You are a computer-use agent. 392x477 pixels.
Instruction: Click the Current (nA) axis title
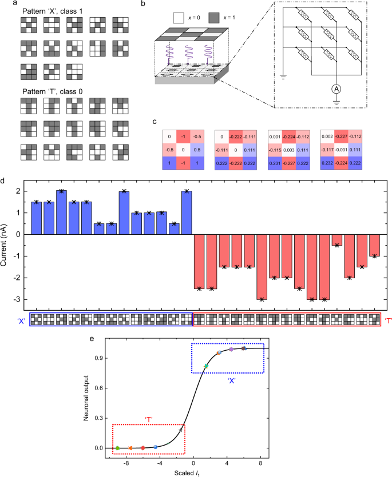5,245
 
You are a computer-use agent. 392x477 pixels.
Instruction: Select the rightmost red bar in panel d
374,245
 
